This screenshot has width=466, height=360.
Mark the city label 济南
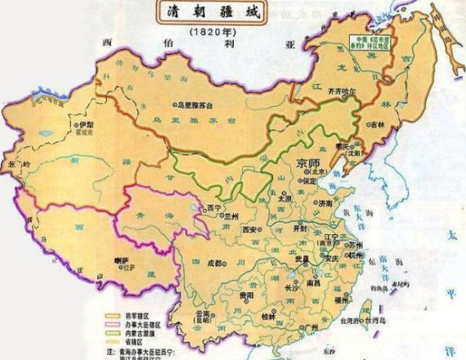click(325, 200)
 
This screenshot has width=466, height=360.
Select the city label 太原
click(284, 197)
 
